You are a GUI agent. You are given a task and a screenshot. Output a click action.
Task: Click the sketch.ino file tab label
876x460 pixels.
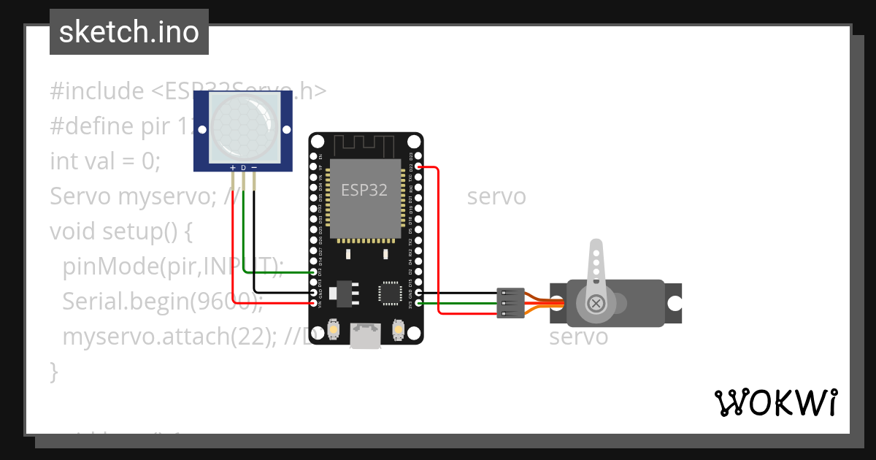tap(128, 32)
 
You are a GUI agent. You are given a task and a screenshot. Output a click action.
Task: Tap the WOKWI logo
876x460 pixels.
tap(775, 402)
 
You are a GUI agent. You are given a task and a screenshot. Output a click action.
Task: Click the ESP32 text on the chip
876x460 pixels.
tap(365, 190)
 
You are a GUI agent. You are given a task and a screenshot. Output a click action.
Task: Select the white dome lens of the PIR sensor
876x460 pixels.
tap(244, 126)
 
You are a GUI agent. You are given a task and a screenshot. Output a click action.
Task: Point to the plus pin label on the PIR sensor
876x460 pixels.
tap(233, 168)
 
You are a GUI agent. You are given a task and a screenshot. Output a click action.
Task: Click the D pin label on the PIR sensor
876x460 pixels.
tap(243, 168)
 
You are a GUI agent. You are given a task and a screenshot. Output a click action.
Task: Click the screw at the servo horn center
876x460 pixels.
tap(597, 302)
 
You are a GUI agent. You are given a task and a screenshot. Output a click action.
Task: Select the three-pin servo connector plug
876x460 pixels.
tap(508, 302)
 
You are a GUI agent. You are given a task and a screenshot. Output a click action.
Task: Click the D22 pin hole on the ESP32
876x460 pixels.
tap(418, 167)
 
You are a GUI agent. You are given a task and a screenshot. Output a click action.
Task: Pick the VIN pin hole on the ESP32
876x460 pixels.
tap(314, 302)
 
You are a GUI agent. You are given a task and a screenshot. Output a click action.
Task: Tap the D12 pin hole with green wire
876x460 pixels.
tap(314, 272)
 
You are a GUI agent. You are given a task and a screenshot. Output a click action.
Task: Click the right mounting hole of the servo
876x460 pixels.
tap(675, 302)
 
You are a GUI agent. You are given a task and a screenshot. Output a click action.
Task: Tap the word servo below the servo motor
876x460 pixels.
tap(578, 337)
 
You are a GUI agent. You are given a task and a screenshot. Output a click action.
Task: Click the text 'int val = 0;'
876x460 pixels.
tap(104, 161)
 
